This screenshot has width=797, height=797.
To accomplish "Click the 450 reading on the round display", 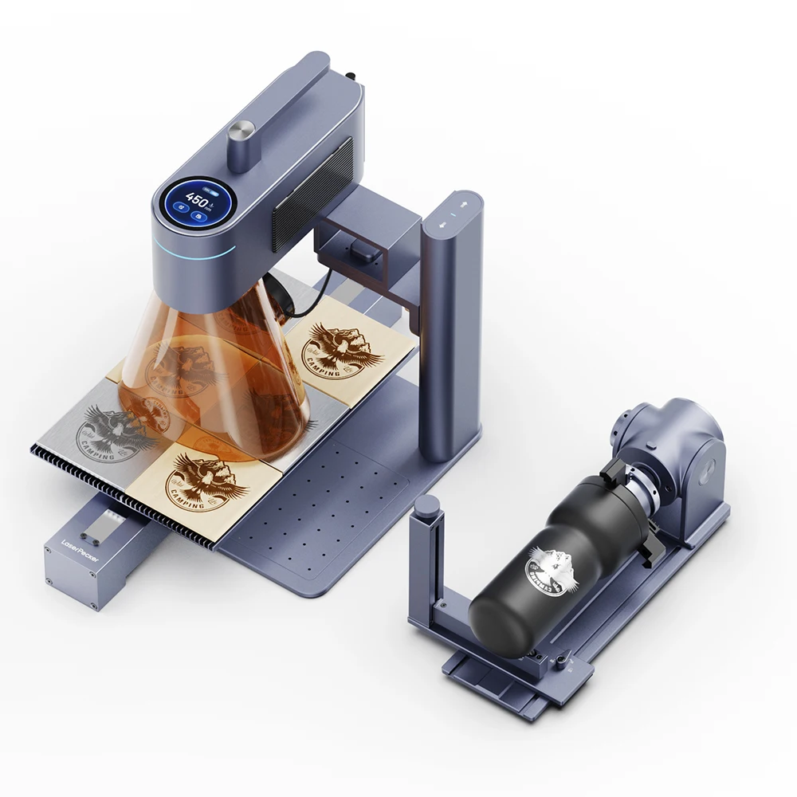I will (194, 197).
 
